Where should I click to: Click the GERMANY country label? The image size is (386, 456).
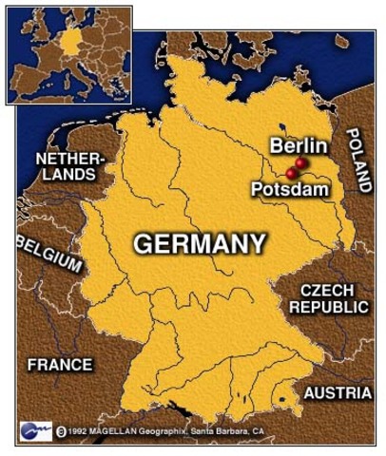point(199,243)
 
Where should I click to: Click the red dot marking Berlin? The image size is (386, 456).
point(301,163)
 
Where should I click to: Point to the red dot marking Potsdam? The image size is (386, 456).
point(291,174)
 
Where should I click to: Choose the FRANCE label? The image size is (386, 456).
point(59,364)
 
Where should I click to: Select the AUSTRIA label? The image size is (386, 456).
point(338,392)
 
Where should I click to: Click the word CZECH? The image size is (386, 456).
point(326,290)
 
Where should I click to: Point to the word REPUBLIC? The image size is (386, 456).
point(328,307)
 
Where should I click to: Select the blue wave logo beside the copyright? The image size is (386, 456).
point(33,430)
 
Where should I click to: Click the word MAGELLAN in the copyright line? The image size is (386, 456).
point(118,431)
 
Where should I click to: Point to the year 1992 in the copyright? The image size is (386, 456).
point(80,431)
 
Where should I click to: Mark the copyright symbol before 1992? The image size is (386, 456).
point(61,431)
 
